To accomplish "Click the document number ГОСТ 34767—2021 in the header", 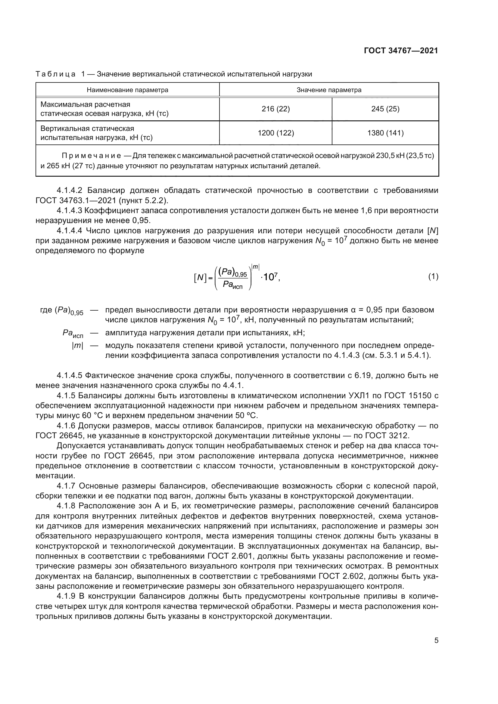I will coord(401,51).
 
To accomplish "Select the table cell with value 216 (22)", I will coord(275,109).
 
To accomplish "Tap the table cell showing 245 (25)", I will coord(385,109).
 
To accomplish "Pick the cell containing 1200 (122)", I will coord(275,133).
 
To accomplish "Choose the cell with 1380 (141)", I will coord(385,133).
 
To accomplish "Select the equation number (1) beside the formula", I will coord(433,277).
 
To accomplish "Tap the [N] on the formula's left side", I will coord(200,278).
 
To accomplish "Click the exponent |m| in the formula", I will coord(255,267).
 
